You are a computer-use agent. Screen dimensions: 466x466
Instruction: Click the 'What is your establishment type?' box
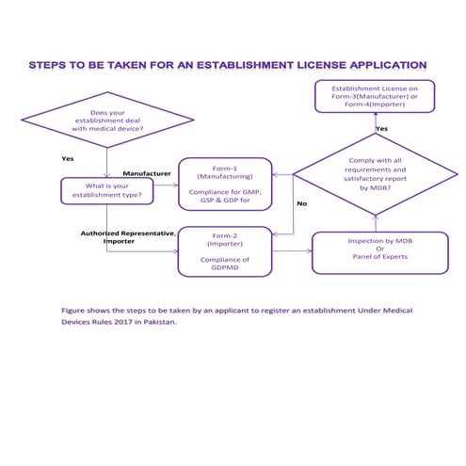(105, 191)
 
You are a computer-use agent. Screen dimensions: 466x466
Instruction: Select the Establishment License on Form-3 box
(376, 97)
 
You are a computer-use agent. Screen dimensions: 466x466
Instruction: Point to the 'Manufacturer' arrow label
(147, 174)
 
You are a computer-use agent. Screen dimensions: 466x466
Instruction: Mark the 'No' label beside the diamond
(301, 203)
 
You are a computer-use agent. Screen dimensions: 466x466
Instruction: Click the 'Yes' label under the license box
(381, 128)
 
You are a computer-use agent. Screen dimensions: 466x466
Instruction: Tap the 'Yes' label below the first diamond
(67, 158)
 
